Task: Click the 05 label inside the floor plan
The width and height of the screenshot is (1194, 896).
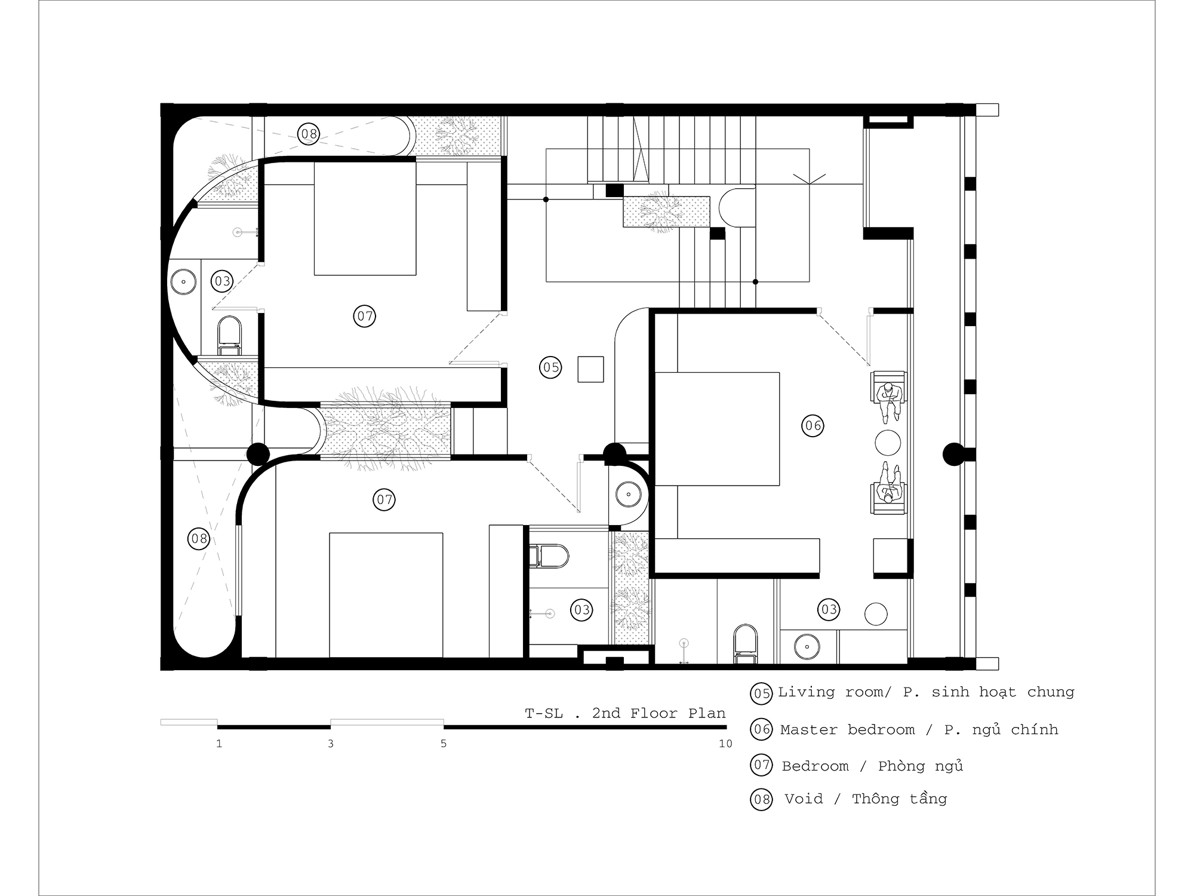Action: [550, 367]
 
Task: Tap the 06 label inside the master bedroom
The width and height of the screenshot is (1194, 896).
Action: [813, 426]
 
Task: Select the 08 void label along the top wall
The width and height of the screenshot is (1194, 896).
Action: [309, 134]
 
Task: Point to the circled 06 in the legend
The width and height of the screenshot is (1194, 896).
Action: [761, 729]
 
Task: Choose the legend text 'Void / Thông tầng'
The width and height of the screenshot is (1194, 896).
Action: [865, 799]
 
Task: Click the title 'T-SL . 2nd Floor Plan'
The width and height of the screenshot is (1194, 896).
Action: [625, 713]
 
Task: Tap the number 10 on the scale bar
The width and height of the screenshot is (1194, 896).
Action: [725, 744]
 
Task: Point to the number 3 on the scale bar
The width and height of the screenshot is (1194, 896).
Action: [331, 744]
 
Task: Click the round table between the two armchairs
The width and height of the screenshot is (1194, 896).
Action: [888, 443]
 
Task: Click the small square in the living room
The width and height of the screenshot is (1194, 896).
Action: [590, 369]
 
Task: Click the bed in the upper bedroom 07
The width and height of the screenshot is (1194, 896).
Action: [365, 218]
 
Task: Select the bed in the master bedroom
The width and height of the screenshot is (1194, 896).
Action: [718, 429]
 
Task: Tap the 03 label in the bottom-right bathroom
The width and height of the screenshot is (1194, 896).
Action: [829, 609]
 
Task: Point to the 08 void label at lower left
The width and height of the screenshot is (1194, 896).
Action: [199, 539]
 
